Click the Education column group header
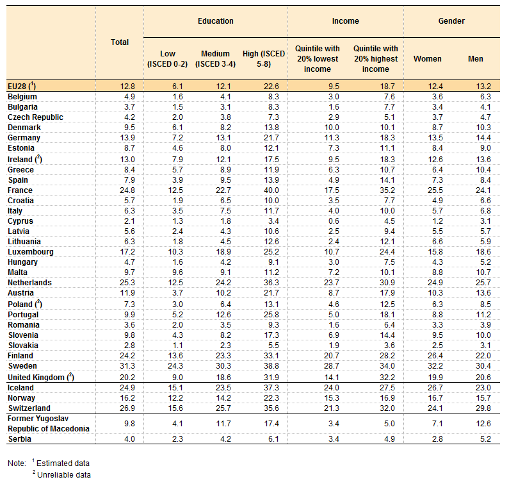click(216, 21)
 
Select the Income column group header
click(345, 21)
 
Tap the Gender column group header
click(451, 21)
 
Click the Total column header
click(120, 42)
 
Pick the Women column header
click(428, 59)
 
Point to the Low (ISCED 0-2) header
click(168, 59)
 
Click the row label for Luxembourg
click(31, 252)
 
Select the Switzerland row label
click(29, 408)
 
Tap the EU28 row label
click(22, 86)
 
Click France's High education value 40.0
click(271, 190)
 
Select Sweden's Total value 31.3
click(127, 366)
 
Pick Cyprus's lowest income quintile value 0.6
click(334, 221)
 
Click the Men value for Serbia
click(485, 439)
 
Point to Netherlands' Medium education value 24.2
click(223, 283)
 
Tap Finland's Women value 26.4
click(435, 356)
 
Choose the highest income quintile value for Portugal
click(387, 315)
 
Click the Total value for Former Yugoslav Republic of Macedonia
click(129, 424)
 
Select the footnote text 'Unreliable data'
click(63, 475)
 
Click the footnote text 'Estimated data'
click(63, 463)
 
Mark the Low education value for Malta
click(177, 272)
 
